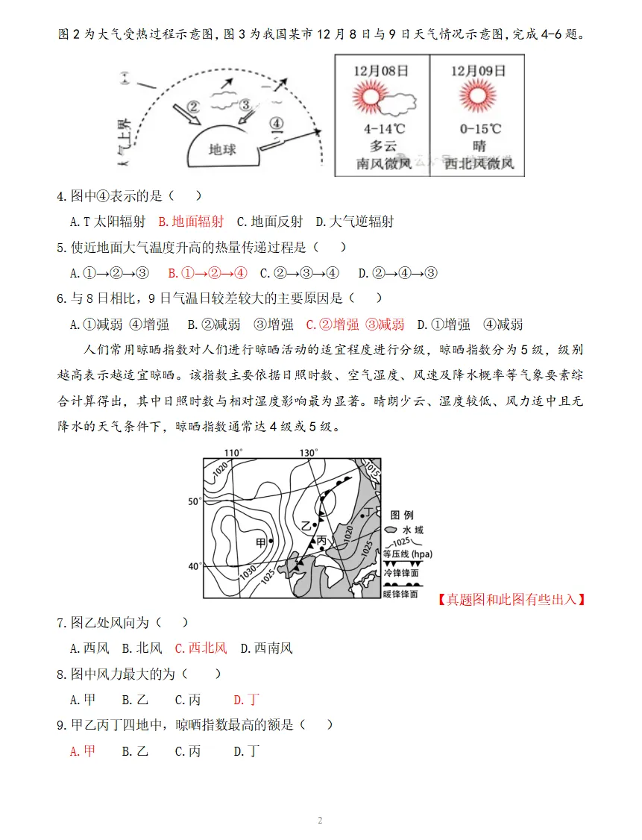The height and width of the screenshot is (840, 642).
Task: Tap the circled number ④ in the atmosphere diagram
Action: coord(276,122)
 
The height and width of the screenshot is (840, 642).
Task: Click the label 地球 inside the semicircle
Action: coord(222,149)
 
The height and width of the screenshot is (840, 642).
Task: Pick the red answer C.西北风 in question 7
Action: coord(201,648)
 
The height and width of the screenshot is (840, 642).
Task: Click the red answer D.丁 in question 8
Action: coord(246,699)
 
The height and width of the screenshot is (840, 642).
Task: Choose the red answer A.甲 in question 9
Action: coord(83,750)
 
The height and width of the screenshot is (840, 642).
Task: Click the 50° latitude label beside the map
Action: coord(194,501)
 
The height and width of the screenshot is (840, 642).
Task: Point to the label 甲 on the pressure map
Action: coord(260,542)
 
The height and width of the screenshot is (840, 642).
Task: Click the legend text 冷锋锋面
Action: coord(403,573)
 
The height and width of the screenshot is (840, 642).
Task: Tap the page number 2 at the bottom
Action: coord(320,821)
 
